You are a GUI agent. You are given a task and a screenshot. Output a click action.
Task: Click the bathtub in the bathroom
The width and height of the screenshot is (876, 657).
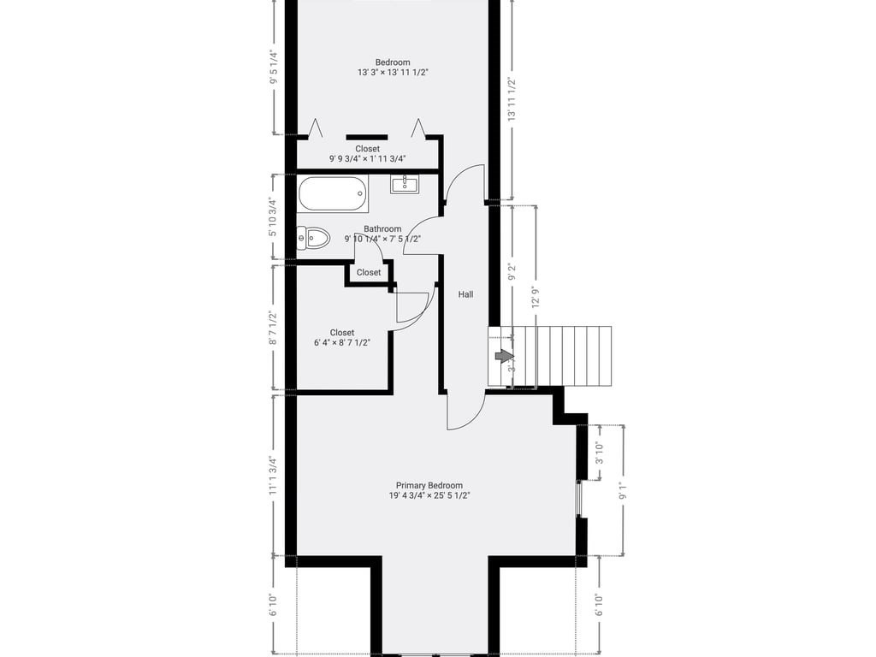pos(333,193)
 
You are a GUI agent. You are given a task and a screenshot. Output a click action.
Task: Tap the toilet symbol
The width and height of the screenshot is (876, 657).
pos(314,238)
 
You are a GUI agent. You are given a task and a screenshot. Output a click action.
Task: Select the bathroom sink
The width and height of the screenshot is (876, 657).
pos(404,183)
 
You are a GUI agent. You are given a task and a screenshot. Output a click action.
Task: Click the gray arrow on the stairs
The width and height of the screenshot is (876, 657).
pos(504,356)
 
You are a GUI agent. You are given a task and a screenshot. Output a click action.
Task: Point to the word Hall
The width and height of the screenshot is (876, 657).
pos(465,294)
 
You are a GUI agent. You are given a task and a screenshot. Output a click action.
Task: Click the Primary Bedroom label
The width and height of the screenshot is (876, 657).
pos(429,485)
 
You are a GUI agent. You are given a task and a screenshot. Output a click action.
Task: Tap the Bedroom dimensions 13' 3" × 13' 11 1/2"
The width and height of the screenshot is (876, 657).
pos(393,73)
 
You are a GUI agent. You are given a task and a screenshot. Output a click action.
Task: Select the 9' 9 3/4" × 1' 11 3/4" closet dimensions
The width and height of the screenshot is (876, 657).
pos(367,158)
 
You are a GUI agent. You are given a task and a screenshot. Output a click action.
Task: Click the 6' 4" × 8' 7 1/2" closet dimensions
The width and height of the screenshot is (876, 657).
pos(342,342)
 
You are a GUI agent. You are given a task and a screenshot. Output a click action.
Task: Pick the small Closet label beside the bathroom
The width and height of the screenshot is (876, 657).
pos(369,273)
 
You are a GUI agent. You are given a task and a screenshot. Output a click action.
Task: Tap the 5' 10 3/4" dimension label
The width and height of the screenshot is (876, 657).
pos(273,216)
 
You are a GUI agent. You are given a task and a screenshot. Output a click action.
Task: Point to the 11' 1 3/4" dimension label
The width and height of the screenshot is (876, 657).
pos(273,476)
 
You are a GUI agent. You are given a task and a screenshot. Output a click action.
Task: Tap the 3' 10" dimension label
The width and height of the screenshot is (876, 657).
pos(599,454)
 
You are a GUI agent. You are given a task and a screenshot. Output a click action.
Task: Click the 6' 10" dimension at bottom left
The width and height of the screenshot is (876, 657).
pos(273,605)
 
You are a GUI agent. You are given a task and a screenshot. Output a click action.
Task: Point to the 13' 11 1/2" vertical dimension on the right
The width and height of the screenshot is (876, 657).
pos(512,99)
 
